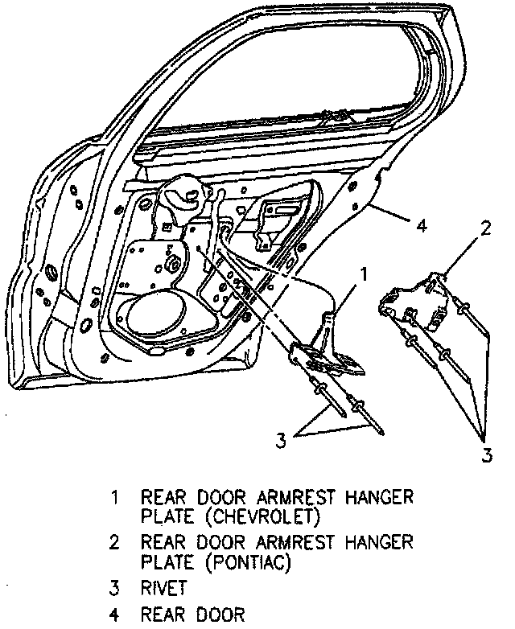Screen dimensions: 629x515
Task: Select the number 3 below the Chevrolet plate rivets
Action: [x=281, y=440]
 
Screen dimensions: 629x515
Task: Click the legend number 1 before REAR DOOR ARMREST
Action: [x=116, y=497]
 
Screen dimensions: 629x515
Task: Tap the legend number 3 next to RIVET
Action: [x=116, y=587]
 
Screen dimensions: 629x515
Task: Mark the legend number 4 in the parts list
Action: [x=116, y=615]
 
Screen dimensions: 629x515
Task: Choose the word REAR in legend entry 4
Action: [x=164, y=615]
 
